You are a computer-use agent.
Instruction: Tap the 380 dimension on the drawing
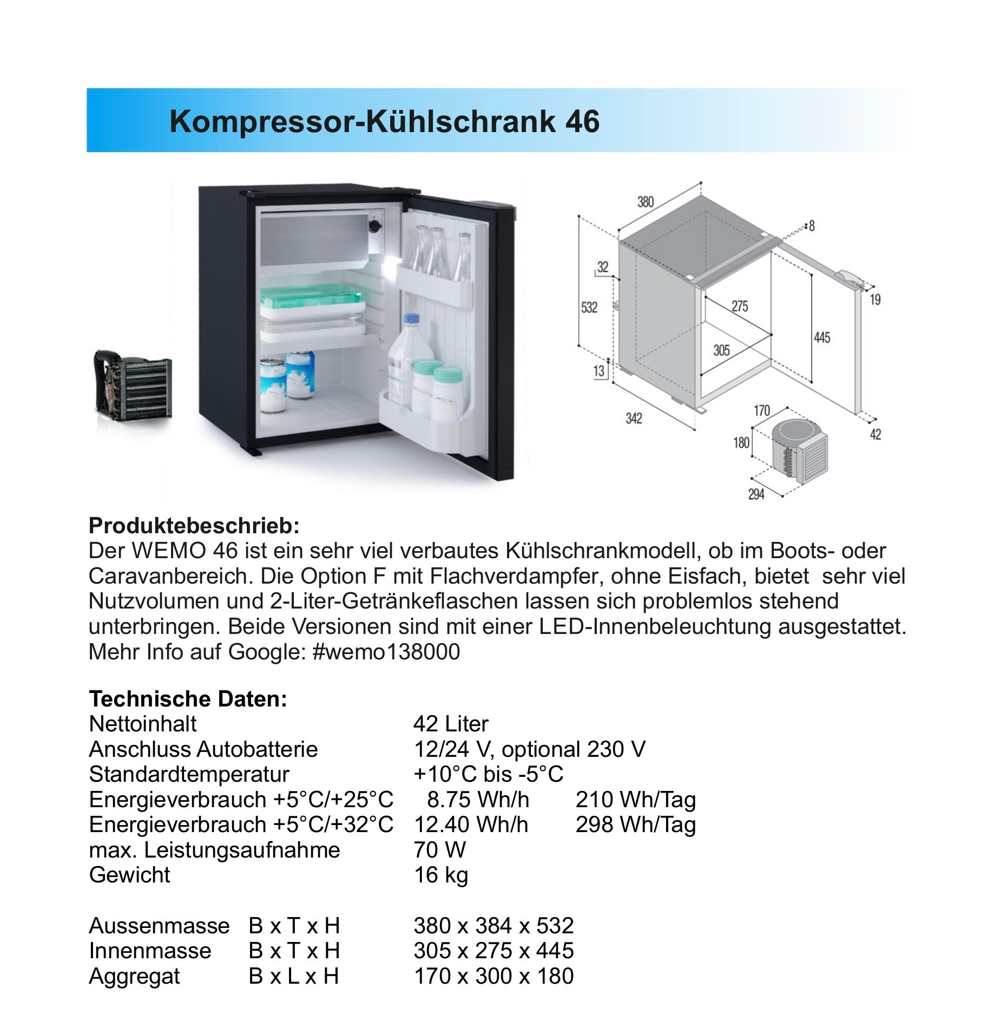[x=645, y=202]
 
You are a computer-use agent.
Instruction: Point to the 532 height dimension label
[x=589, y=308]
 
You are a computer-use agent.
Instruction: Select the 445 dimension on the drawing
[x=821, y=338]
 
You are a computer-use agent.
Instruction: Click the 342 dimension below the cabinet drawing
[x=633, y=418]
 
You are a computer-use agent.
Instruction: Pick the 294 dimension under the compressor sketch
[x=756, y=494]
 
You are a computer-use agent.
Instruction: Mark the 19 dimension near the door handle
[x=875, y=299]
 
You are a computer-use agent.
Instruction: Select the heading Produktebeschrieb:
[x=194, y=526]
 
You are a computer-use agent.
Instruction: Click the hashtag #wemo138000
[x=386, y=652]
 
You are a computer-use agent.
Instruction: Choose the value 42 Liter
[x=451, y=724]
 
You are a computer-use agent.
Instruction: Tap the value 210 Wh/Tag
[x=635, y=800]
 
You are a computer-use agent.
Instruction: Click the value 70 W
[x=439, y=850]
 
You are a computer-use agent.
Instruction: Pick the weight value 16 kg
[x=440, y=875]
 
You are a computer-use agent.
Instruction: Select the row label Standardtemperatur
[x=189, y=774]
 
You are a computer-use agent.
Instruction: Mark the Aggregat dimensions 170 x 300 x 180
[x=493, y=976]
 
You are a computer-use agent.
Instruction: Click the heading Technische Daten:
[x=188, y=699]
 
